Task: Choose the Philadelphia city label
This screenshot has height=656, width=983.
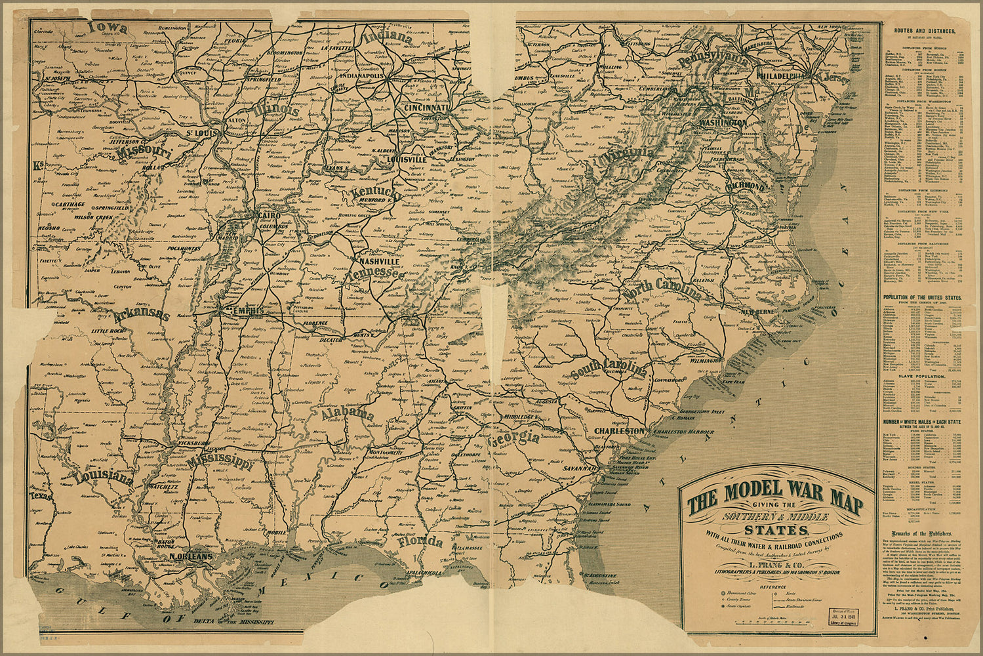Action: pyautogui.click(x=780, y=76)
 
